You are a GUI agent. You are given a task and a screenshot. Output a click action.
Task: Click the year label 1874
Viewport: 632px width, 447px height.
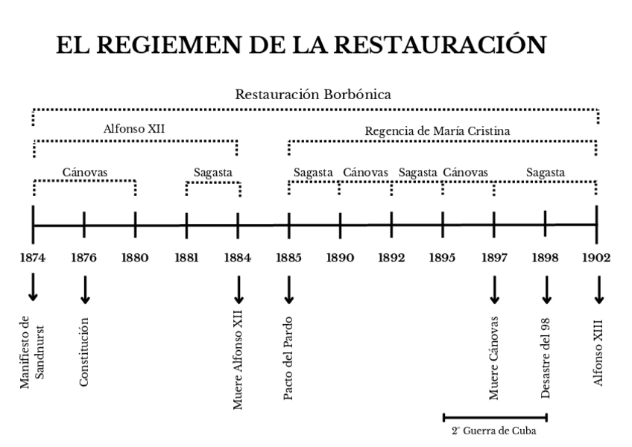tap(33, 259)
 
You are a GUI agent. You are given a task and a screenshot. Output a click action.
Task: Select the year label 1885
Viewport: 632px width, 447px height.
tap(288, 259)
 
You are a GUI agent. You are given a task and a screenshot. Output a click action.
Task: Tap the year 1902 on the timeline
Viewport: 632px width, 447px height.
tap(597, 259)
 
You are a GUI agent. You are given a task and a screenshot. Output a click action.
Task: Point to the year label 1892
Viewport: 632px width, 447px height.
tap(391, 259)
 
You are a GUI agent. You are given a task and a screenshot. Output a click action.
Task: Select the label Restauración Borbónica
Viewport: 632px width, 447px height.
tap(313, 95)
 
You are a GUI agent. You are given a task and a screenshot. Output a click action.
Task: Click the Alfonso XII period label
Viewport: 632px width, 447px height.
tap(134, 128)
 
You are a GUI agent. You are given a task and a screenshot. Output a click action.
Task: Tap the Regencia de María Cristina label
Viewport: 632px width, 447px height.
tap(437, 131)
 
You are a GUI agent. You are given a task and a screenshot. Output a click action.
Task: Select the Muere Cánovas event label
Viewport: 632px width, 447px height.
tap(494, 359)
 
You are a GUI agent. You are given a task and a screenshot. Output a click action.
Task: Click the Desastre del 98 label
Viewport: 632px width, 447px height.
tap(546, 358)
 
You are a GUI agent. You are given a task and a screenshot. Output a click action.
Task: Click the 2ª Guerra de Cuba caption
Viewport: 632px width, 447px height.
tap(493, 431)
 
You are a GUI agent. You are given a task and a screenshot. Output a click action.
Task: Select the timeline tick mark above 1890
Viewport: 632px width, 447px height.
tap(340, 225)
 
